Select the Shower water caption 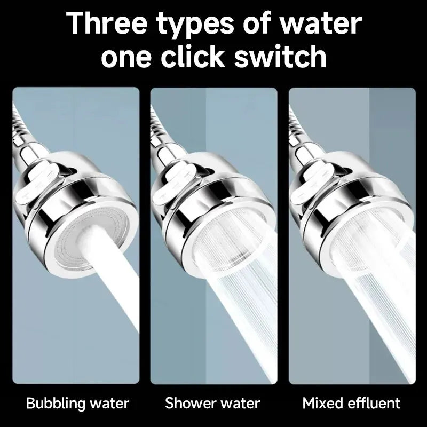coord(212,403)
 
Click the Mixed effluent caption coord(351,403)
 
